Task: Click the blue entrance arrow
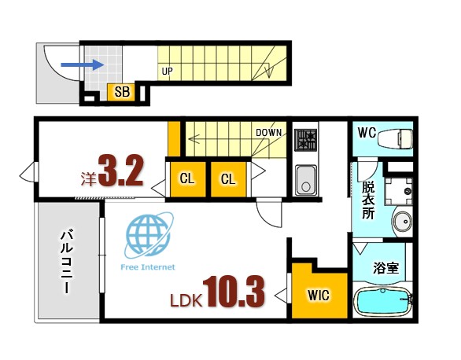coord(81,66)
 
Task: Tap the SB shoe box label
coord(123,92)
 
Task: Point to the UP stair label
coord(167,72)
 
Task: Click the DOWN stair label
coord(268,132)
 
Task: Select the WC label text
coord(366,132)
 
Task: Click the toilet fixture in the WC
coord(396,138)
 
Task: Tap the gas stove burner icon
coord(305,141)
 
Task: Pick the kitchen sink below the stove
coord(305,180)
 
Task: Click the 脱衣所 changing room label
coord(367,200)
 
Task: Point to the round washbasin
coord(401,222)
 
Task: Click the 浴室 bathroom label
coord(385,267)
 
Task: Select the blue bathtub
coord(384,303)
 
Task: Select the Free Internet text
coord(147,266)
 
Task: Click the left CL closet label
coord(186,179)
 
